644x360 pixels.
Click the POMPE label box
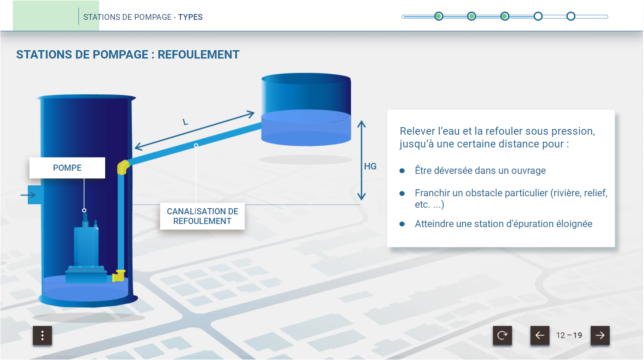[x=67, y=168]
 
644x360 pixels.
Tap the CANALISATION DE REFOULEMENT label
[x=202, y=216]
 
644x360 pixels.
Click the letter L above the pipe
[x=185, y=122]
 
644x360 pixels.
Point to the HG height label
[x=370, y=166]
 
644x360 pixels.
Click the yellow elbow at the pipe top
[x=123, y=167]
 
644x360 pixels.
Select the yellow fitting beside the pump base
[x=118, y=276]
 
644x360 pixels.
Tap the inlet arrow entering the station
[x=28, y=195]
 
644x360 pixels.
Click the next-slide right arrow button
[x=600, y=335]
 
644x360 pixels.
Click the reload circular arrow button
[x=502, y=335]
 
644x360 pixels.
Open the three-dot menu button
[x=42, y=335]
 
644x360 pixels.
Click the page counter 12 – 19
[x=569, y=335]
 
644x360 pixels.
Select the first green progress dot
[x=439, y=16]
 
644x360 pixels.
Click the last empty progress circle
[x=570, y=16]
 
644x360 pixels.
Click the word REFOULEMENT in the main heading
[x=199, y=55]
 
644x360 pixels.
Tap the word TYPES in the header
[x=190, y=17]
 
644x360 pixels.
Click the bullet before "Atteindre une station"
[x=402, y=224]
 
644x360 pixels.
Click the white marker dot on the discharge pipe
[x=196, y=146]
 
